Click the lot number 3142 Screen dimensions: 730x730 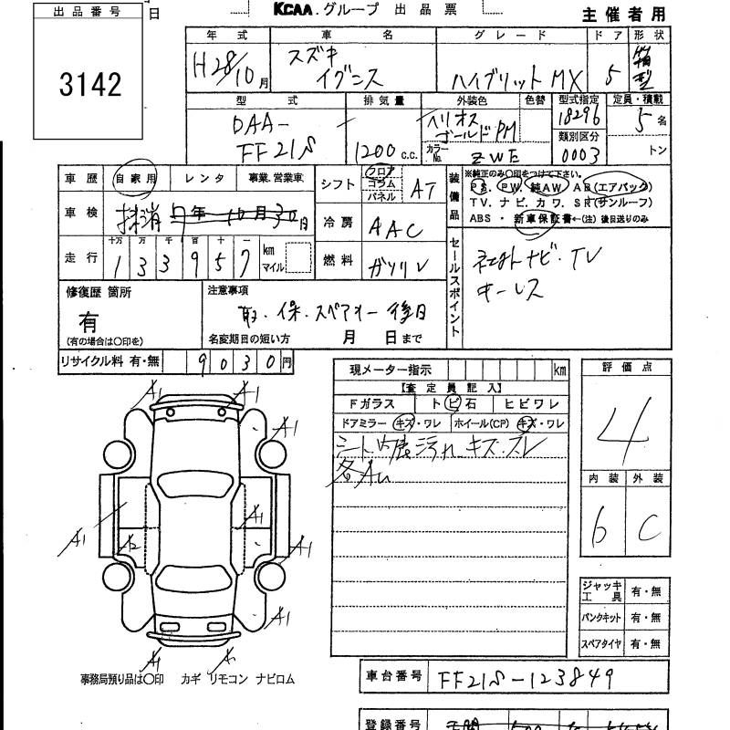(x=89, y=85)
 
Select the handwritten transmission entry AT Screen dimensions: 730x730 (x=422, y=189)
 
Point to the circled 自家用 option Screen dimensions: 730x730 (x=134, y=180)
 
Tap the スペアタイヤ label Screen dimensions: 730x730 (x=601, y=645)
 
